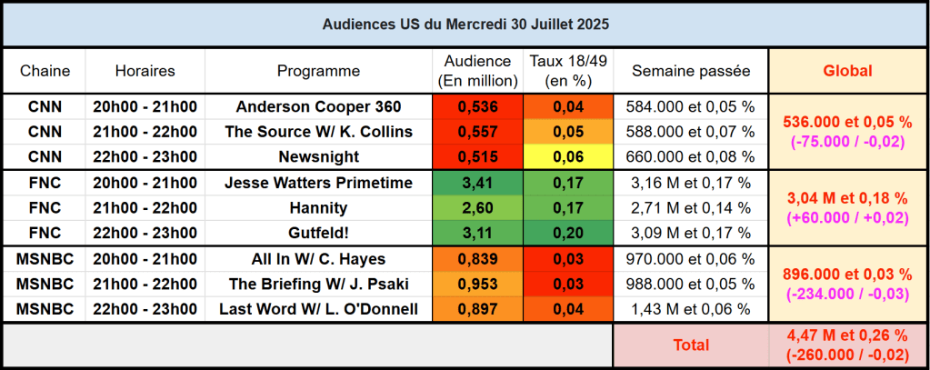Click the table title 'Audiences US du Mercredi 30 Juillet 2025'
465,25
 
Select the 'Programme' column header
318,70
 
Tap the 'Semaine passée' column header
691,70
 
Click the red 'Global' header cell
847,70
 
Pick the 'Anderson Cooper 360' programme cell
318,106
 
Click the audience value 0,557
477,132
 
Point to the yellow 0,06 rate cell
568,156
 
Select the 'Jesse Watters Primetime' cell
318,183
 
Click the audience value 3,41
477,183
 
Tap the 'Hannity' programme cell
318,208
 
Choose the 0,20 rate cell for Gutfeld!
568,233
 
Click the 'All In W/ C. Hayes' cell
318,259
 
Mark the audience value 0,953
477,285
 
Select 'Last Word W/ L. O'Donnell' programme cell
318,310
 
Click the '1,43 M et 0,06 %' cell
691,310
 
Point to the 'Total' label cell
691,345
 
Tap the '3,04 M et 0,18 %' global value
847,197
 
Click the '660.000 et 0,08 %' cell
691,156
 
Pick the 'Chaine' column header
45,70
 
